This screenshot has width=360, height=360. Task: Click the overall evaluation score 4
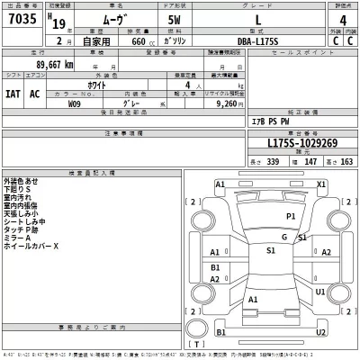[336, 21]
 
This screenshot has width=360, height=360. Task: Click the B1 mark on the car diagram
[216, 267]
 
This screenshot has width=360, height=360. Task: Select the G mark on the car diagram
[284, 237]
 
